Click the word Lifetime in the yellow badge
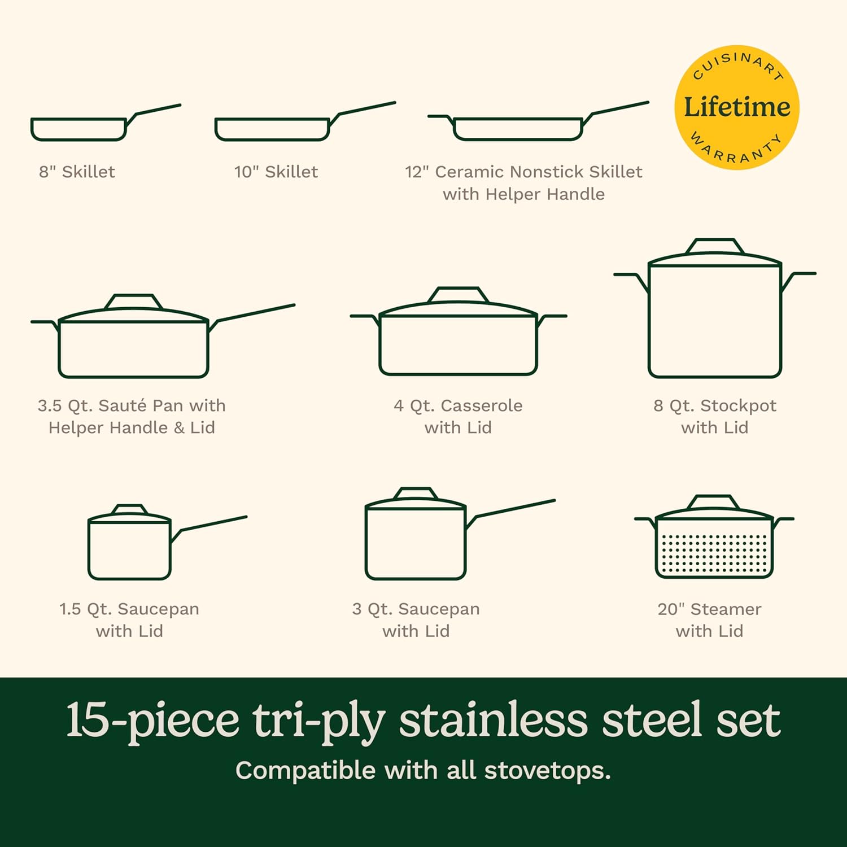[x=737, y=107]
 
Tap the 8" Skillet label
[x=77, y=172]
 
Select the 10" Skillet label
[x=276, y=172]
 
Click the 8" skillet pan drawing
[x=79, y=129]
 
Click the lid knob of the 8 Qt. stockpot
[x=714, y=246]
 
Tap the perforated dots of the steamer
[x=714, y=553]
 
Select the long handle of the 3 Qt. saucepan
[x=514, y=508]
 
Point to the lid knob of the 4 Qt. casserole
[x=458, y=295]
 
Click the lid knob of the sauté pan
[x=133, y=302]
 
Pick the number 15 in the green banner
[x=87, y=720]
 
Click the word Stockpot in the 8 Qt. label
[x=738, y=405]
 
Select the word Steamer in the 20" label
[x=726, y=609]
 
